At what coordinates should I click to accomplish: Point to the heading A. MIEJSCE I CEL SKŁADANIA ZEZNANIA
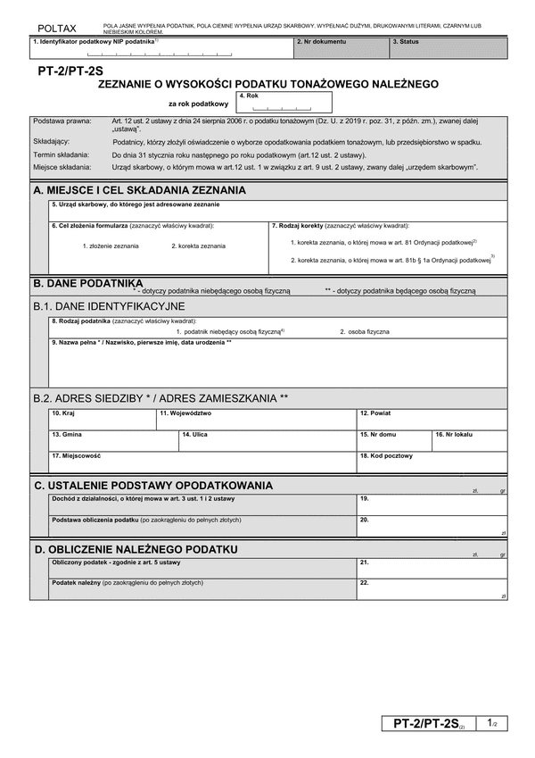pyautogui.click(x=139, y=190)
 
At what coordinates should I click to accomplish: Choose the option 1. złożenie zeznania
pyautogui.click(x=111, y=246)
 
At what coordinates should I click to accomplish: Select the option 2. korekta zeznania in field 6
pyautogui.click(x=198, y=246)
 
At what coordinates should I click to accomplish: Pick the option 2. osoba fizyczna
pyautogui.click(x=364, y=331)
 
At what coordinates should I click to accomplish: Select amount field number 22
pyautogui.click(x=432, y=590)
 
